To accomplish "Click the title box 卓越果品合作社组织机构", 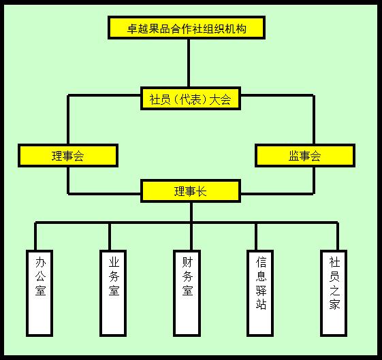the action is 187,28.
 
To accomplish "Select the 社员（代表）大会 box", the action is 191,99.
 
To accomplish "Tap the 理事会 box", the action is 68,156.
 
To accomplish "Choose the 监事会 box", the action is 305,156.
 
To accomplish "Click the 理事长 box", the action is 191,191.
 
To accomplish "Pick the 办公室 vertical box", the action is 39,293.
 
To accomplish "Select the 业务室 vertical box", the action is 113,293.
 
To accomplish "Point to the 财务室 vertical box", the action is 187,293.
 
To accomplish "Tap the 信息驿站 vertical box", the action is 260,293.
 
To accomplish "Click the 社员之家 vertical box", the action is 334,293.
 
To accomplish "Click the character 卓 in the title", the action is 133,29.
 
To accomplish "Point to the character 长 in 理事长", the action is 202,191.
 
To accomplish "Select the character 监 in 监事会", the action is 294,156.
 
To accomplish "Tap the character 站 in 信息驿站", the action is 261,304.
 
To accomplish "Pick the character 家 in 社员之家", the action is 334,304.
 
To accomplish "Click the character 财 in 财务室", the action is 187,262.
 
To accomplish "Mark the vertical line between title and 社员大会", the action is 189,63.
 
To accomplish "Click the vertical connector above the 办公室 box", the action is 35,236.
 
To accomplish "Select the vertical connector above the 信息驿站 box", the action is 256,236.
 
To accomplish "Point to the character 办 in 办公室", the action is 40,262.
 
